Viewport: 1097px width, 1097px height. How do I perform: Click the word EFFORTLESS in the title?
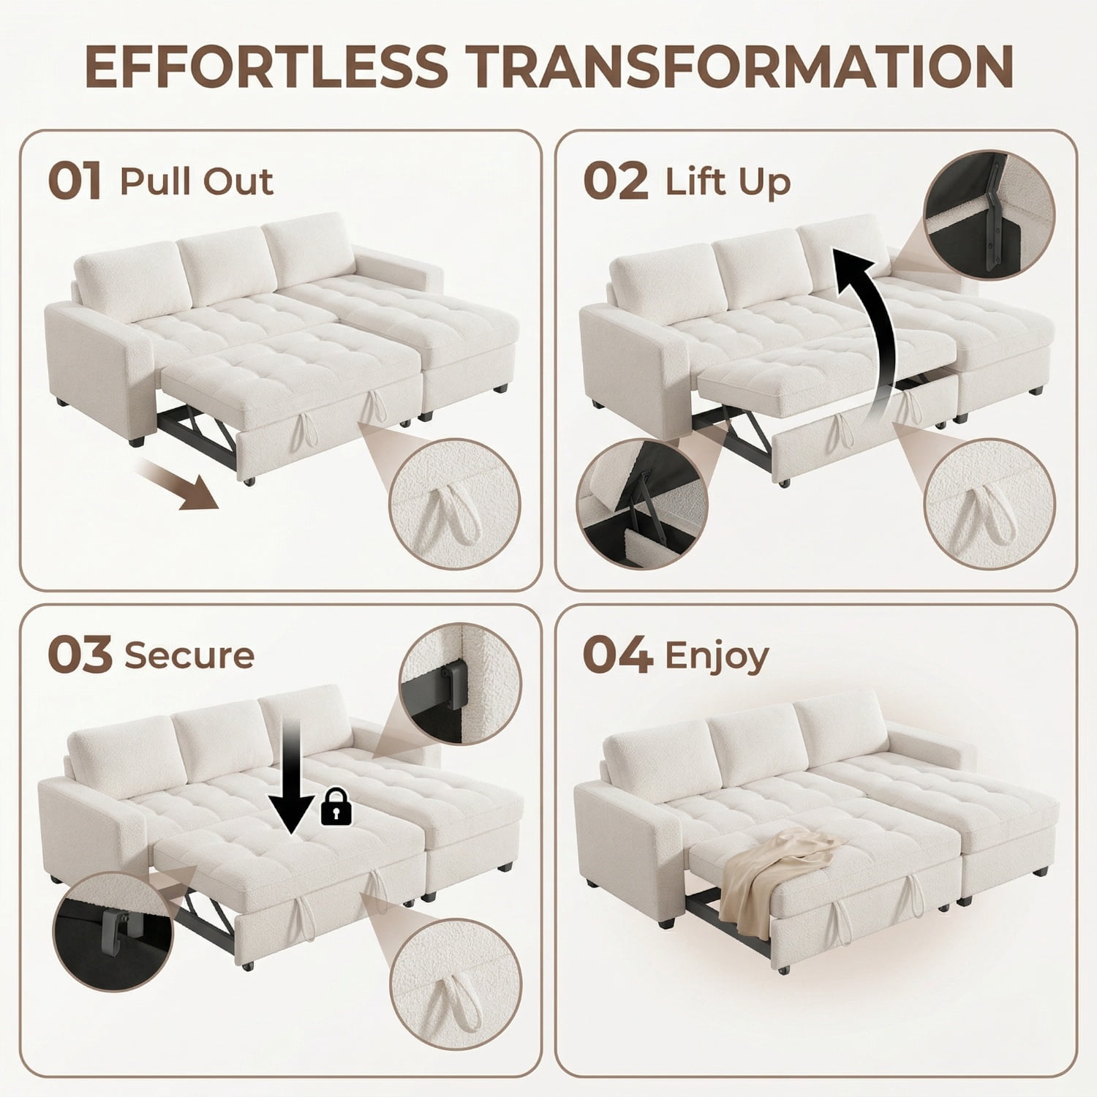pos(265,67)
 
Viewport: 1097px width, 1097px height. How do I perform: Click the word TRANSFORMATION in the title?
pos(739,67)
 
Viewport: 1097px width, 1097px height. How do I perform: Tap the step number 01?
pos(75,181)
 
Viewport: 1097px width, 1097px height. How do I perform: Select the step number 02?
pos(616,181)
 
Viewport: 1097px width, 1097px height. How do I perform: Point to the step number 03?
pos(80,655)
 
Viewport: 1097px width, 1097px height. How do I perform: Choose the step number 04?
pos(618,655)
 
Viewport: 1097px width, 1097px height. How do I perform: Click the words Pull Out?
pos(197,181)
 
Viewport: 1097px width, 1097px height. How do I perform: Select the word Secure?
pos(189,655)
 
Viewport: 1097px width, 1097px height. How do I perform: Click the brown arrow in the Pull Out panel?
pos(179,484)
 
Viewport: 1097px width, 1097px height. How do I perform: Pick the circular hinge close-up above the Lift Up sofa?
pos(989,215)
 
